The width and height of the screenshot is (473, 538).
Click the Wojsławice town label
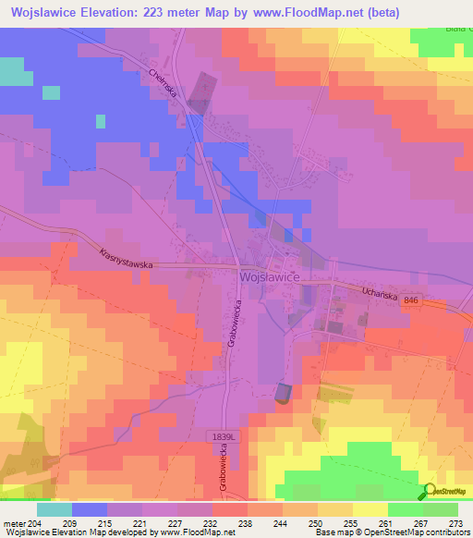[x=268, y=276]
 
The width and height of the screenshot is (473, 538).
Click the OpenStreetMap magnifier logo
[x=430, y=492]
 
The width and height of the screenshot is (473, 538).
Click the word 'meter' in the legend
[x=16, y=522]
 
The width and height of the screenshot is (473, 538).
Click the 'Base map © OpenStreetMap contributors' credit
[x=390, y=532]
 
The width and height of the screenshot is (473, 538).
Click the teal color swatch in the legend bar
[x=55, y=509]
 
